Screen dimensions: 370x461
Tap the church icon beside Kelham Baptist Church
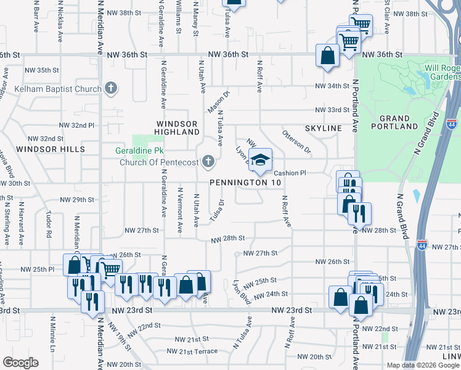[x=111, y=89]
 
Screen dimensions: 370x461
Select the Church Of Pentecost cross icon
[x=208, y=162]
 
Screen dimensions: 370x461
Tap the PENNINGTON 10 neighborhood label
[x=245, y=183]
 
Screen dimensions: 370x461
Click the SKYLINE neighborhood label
[x=323, y=128]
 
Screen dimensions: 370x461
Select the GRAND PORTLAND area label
[x=395, y=122]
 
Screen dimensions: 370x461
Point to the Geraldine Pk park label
[x=137, y=150]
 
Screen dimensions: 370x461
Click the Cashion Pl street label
[x=290, y=173]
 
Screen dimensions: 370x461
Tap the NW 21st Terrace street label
[x=192, y=351]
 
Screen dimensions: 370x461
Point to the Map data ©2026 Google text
[x=422, y=365]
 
